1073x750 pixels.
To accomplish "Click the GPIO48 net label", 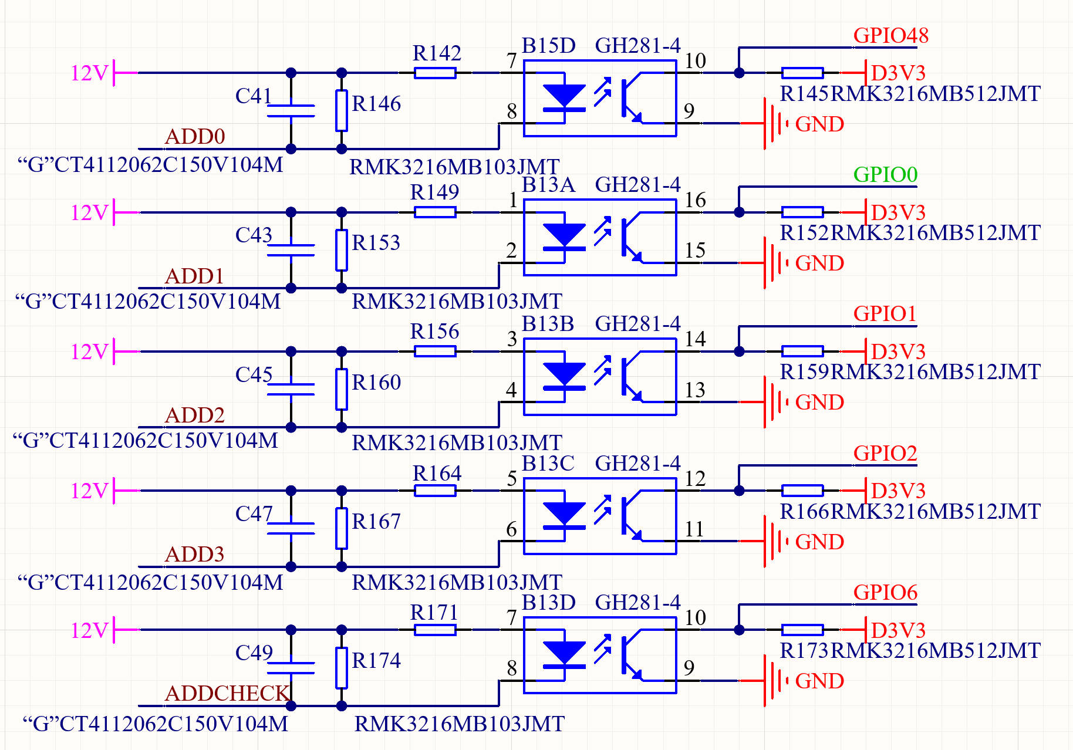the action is [x=890, y=35].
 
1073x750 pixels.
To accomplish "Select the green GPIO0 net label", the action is [x=885, y=174].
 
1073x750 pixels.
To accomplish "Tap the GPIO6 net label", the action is [x=885, y=592].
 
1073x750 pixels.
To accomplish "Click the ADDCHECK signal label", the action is [x=227, y=693].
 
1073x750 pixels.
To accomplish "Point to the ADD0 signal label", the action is [x=195, y=136].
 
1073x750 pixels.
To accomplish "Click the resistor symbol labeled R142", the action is [x=435, y=73].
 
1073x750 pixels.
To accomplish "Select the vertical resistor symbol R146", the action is [x=342, y=110].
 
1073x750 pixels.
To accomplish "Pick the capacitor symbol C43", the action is [x=291, y=250].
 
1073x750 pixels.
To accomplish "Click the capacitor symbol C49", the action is [x=291, y=668].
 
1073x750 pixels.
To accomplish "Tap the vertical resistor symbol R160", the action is [x=342, y=389].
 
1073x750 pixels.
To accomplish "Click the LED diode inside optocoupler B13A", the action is [x=564, y=237].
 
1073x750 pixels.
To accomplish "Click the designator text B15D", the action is [x=548, y=45].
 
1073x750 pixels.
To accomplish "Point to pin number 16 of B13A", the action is [x=695, y=200].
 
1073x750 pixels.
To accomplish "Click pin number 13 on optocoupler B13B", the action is [x=695, y=390].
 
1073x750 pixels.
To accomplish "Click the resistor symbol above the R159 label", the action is [x=802, y=352].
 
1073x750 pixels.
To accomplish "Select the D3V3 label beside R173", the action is [x=898, y=630].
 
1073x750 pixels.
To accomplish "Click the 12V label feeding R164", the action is [x=89, y=491].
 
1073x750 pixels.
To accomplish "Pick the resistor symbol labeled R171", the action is [x=435, y=630].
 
